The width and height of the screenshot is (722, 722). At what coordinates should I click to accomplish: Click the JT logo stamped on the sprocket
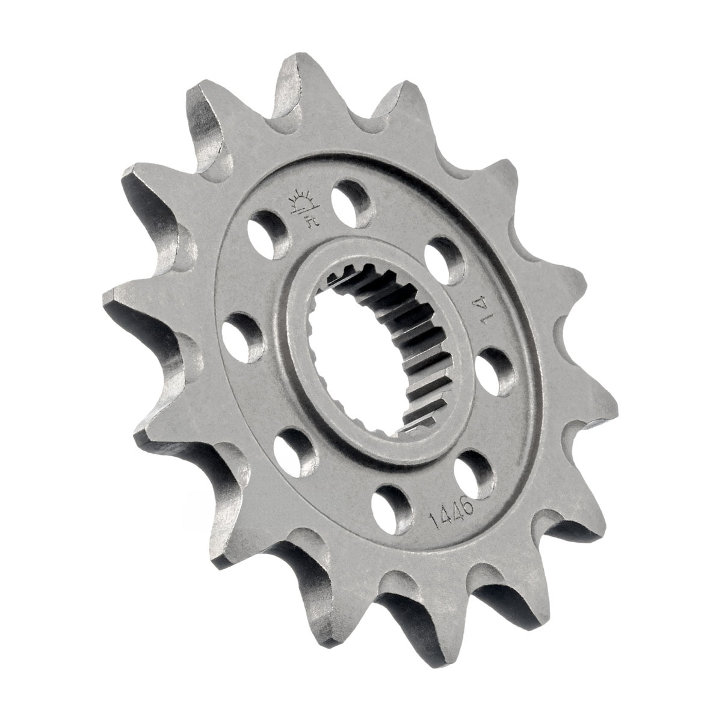click(304, 209)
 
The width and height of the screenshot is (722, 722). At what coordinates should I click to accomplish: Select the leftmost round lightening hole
click(242, 338)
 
